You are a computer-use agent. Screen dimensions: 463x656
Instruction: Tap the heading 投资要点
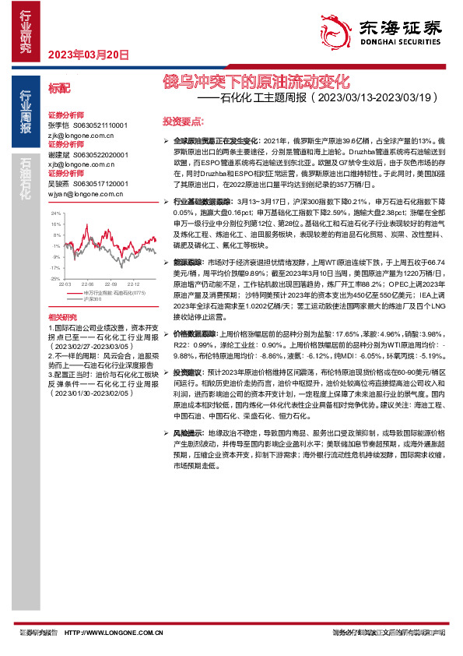183,122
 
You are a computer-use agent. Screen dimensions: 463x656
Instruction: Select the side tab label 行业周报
26,120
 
